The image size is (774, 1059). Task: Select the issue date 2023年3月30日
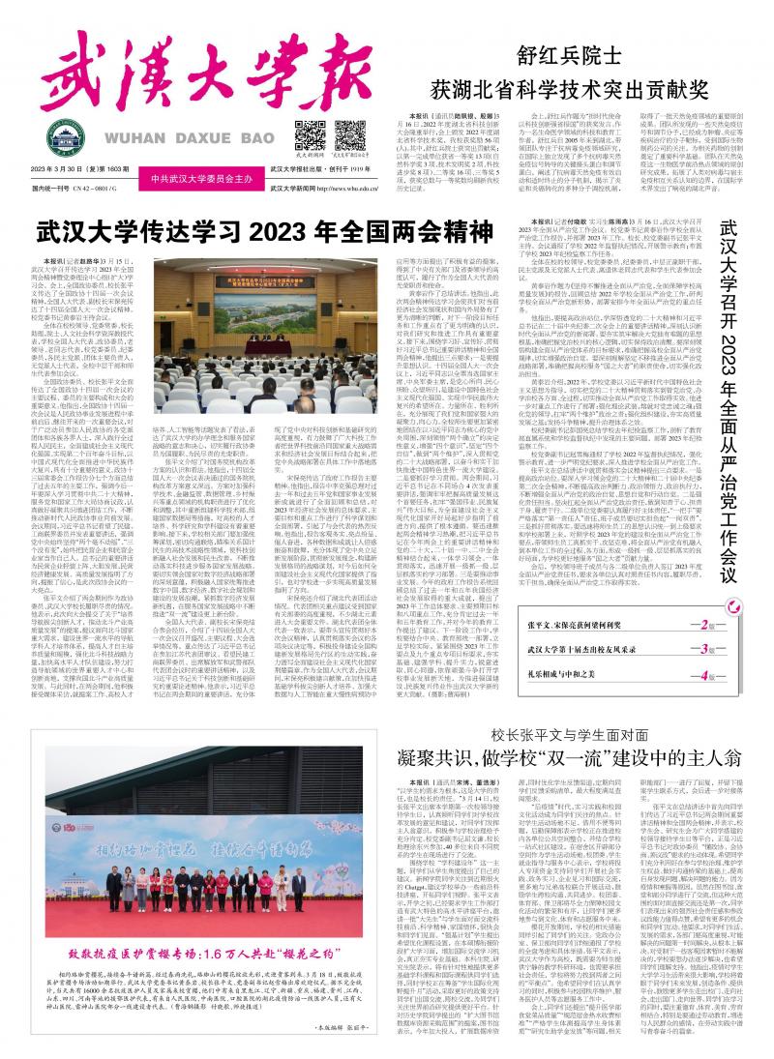[x=72, y=171]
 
